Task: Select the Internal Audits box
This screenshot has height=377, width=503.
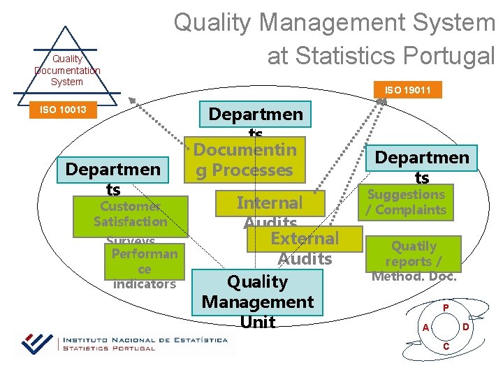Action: tap(270, 203)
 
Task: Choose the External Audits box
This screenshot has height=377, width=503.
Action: tap(305, 238)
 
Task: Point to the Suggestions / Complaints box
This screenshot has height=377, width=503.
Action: tap(407, 202)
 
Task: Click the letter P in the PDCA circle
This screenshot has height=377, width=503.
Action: tap(445, 307)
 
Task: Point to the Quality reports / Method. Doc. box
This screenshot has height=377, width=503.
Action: tap(414, 260)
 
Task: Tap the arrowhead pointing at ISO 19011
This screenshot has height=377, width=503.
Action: tap(381, 102)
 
